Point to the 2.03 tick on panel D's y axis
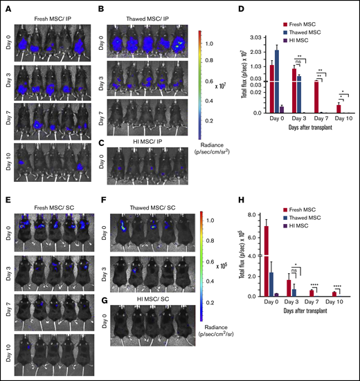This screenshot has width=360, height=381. [x=258, y=50]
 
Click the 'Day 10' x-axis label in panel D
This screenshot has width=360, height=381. [x=339, y=118]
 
